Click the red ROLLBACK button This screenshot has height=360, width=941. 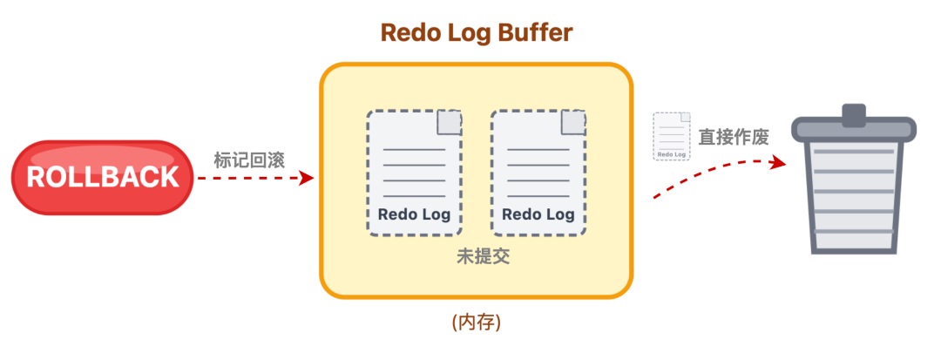[102, 177]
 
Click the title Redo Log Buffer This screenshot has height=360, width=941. [476, 33]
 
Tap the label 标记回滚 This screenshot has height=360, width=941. [250, 160]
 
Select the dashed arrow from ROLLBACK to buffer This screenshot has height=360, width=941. [253, 178]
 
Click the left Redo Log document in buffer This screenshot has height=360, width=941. [414, 173]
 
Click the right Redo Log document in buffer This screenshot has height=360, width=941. [538, 173]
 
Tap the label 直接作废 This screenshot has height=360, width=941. [733, 137]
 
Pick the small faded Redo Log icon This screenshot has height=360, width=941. [672, 136]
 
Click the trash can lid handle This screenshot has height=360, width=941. [853, 113]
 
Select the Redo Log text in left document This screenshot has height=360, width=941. [414, 214]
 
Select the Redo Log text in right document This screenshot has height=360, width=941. [538, 214]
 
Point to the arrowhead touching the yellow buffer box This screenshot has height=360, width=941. [307, 178]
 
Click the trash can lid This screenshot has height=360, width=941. [853, 129]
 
